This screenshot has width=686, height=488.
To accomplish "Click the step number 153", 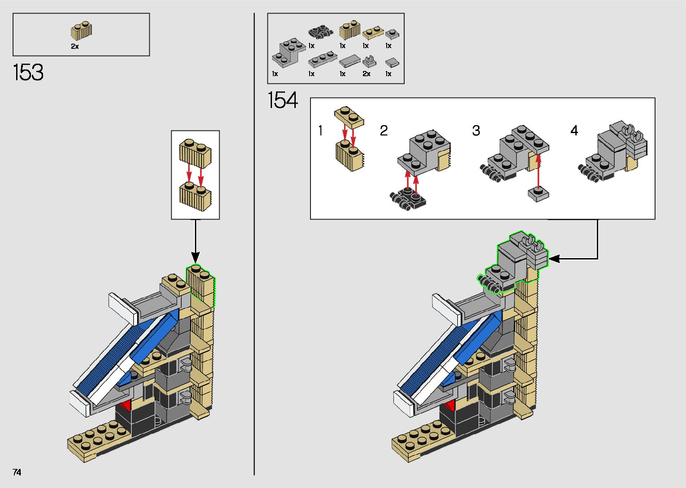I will [x=28, y=72].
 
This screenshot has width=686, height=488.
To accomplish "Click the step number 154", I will [x=283, y=100].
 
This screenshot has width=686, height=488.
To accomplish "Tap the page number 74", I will [x=17, y=472].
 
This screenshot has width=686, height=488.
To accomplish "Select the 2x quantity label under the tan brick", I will [x=75, y=46].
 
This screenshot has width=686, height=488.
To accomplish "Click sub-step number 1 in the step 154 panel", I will [x=320, y=130].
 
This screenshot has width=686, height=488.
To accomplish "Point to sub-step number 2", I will [x=384, y=130].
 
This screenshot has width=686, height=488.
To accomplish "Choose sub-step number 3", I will [x=476, y=130].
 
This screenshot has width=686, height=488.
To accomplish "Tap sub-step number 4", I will [x=574, y=130].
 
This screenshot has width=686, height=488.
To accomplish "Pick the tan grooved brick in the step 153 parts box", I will [x=82, y=31].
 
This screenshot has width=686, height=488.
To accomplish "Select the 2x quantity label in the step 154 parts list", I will [x=367, y=74].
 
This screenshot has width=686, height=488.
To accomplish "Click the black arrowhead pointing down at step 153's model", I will [x=195, y=257].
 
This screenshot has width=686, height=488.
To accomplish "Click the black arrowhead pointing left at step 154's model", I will [x=554, y=259].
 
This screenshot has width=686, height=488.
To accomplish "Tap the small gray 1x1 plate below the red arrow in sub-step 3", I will [x=539, y=194].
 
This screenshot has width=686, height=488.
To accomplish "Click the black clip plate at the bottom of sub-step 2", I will [x=409, y=199].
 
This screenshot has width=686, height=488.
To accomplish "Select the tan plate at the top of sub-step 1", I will [x=349, y=116].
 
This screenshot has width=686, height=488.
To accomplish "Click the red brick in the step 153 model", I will [x=126, y=406].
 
